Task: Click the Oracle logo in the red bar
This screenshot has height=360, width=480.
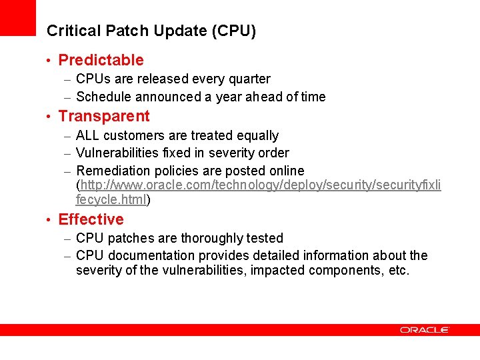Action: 425,329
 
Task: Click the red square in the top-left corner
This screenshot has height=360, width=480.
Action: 17,17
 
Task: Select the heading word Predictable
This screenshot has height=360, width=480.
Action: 101,60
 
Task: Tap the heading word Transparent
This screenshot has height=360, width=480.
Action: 104,116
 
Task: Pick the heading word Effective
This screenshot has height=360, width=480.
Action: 91,219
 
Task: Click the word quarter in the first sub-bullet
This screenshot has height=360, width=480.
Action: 248,79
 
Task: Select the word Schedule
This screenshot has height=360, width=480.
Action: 103,97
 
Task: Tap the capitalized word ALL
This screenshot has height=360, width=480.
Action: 88,135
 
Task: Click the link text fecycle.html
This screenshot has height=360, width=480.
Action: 111,199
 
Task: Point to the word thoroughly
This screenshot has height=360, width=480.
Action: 209,238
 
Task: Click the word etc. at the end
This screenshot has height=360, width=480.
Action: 398,270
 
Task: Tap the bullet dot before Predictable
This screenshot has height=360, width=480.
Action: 49,61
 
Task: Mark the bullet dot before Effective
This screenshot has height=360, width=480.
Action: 49,220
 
